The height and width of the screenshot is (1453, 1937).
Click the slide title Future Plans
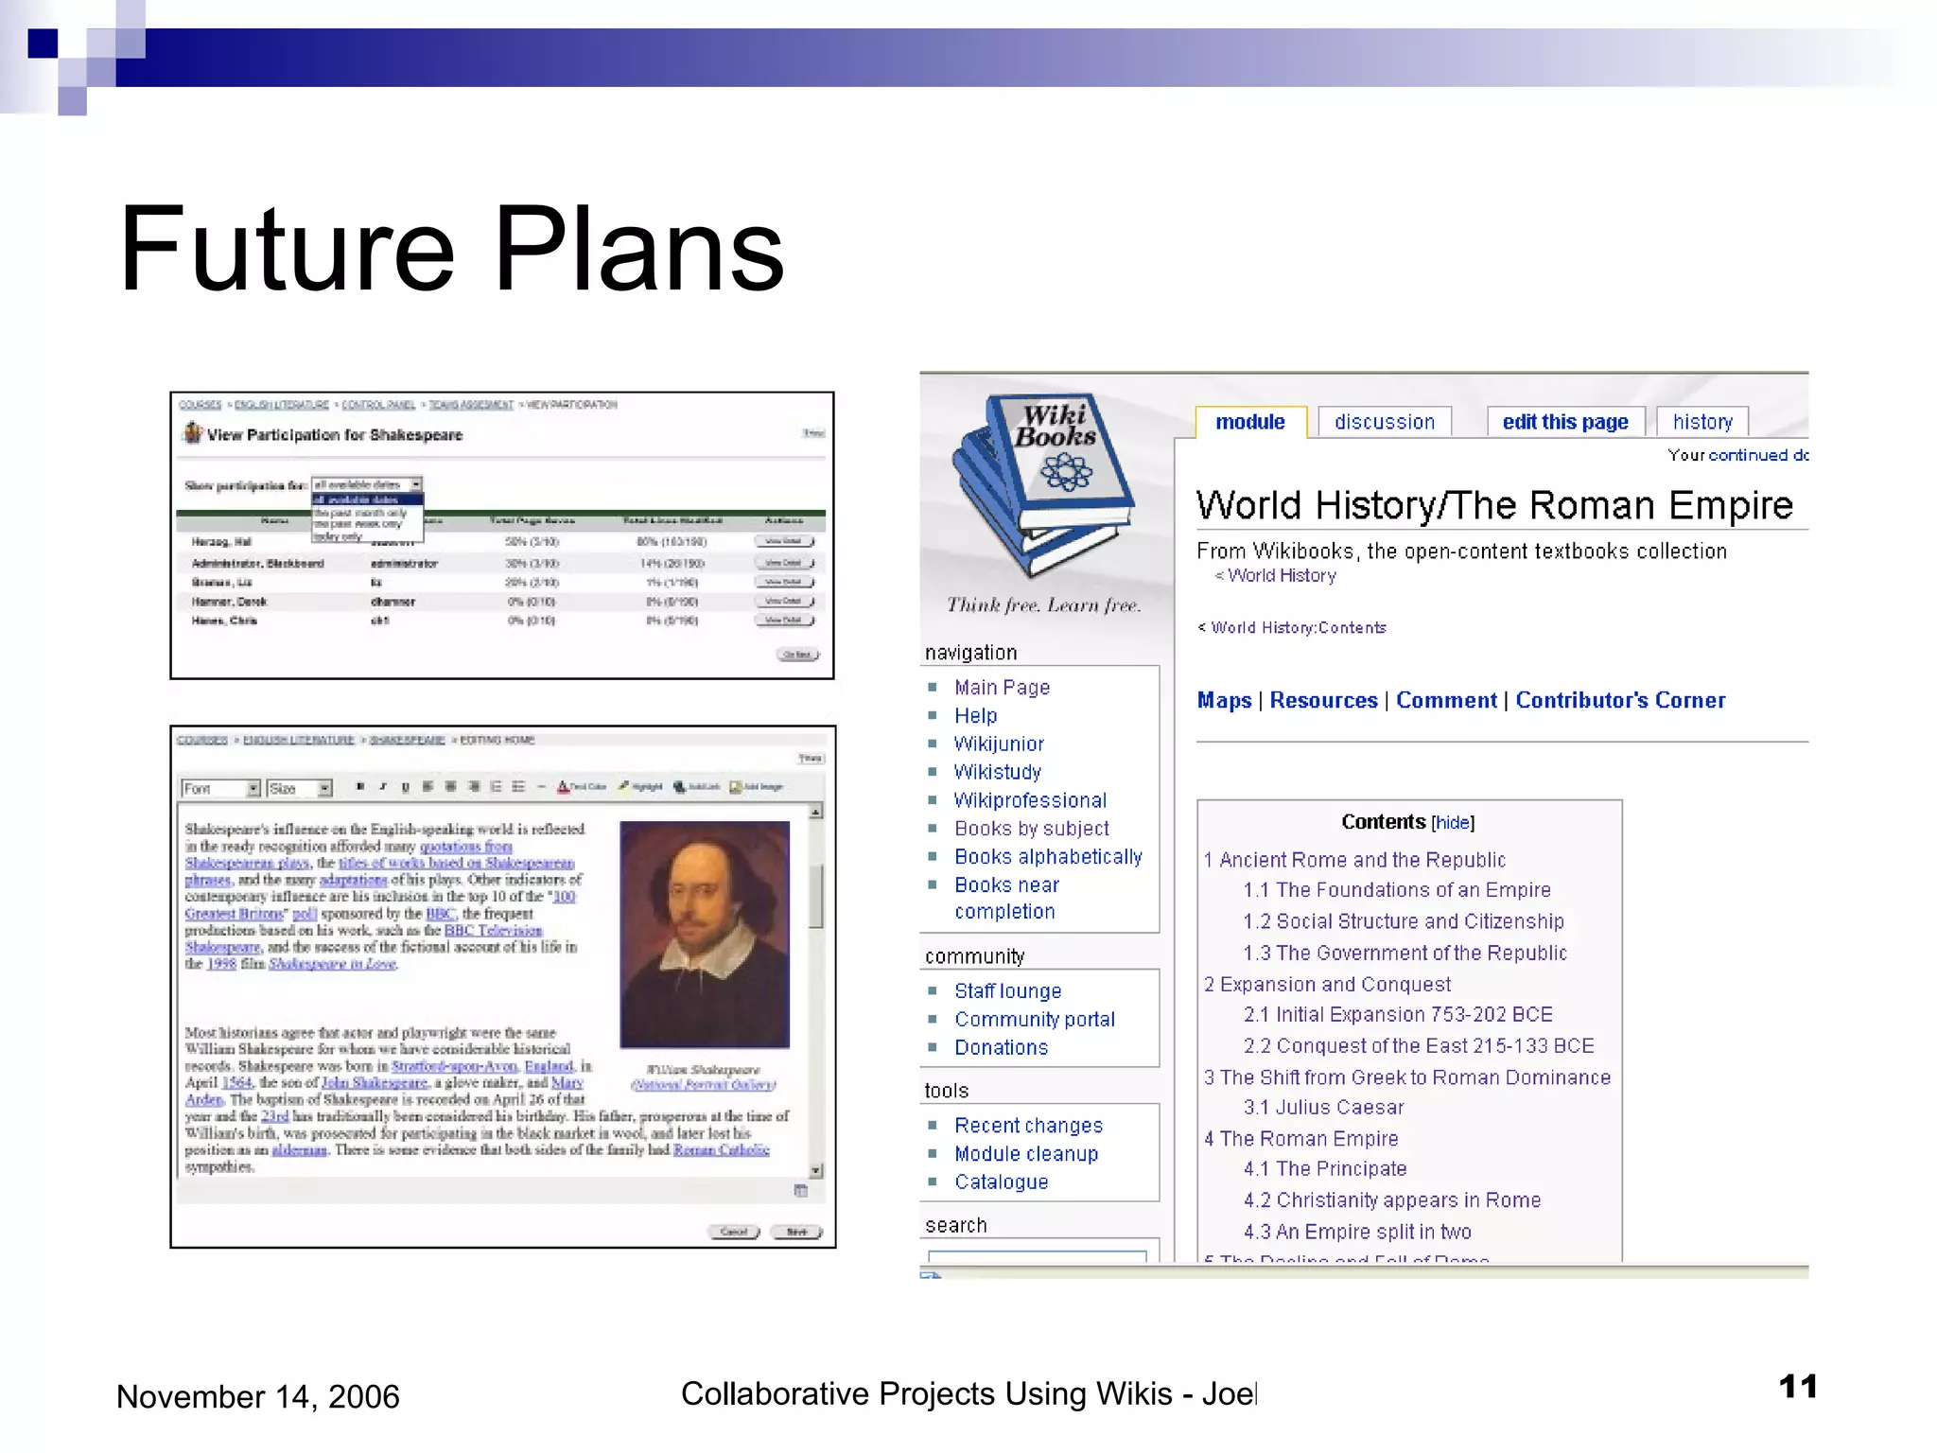pyautogui.click(x=452, y=250)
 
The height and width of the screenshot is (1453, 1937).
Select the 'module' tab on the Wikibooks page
pyautogui.click(x=1249, y=422)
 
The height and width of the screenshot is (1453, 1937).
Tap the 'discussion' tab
pyautogui.click(x=1384, y=422)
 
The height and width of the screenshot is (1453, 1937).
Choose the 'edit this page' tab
pyautogui.click(x=1564, y=422)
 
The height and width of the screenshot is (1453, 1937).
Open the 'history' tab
pyautogui.click(x=1701, y=422)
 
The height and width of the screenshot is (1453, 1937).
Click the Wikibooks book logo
pyautogui.click(x=1046, y=482)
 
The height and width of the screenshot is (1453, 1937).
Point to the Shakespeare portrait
pyautogui.click(x=705, y=934)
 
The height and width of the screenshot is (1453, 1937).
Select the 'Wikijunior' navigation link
pyautogui.click(x=999, y=744)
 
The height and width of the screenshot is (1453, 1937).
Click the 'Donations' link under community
pyautogui.click(x=1001, y=1047)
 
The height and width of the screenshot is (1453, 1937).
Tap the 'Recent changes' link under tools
pyautogui.click(x=1028, y=1125)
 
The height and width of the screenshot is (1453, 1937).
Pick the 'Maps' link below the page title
pyautogui.click(x=1224, y=700)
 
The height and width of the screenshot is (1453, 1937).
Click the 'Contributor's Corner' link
pyautogui.click(x=1620, y=700)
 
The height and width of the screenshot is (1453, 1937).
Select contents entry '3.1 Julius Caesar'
pyautogui.click(x=1323, y=1107)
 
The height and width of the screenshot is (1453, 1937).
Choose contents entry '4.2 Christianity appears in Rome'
pyautogui.click(x=1391, y=1199)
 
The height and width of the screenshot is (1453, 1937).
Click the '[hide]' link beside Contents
pyautogui.click(x=1453, y=823)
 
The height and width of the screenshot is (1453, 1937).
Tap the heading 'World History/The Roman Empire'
pyautogui.click(x=1493, y=505)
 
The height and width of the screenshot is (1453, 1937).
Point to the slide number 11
pyautogui.click(x=1797, y=1387)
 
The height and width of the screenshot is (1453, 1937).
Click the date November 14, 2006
pyautogui.click(x=257, y=1396)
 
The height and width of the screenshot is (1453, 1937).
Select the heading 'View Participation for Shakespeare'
pyautogui.click(x=335, y=435)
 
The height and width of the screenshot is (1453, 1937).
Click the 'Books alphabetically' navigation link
pyautogui.click(x=1048, y=856)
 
